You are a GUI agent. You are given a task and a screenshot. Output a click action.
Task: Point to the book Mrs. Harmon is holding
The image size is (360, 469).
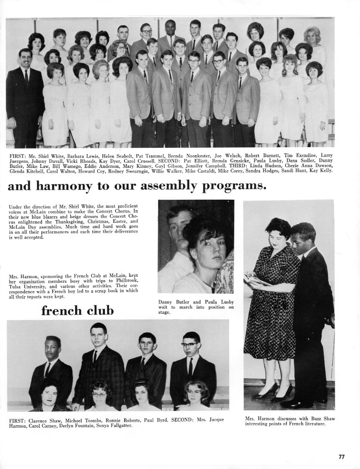click(x=256, y=280)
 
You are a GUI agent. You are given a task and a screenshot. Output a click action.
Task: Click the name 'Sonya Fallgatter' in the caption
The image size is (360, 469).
click(x=111, y=425)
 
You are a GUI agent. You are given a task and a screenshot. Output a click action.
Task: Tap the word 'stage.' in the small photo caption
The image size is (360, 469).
click(x=164, y=312)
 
